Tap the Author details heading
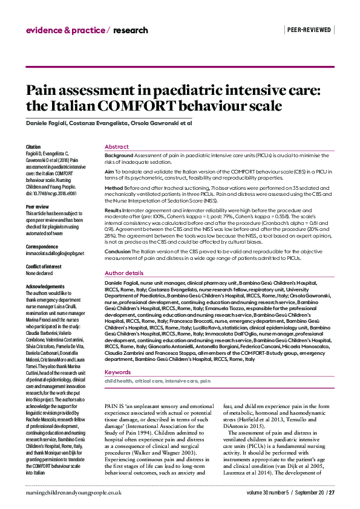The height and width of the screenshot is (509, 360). [x=124, y=273]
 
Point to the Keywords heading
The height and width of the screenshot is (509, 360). [x=117, y=355]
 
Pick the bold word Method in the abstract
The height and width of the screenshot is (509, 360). [x=114, y=189]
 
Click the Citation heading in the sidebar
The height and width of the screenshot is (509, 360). [x=33, y=147]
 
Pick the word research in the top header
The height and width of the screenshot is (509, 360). [x=129, y=30]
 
